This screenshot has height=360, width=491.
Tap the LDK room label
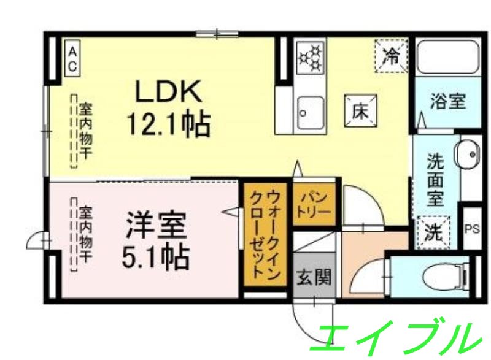pos(168,92)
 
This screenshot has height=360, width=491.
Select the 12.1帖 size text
pos(168,124)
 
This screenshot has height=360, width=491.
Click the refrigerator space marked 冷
pos(391,55)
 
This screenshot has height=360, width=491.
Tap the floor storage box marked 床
pos(359,113)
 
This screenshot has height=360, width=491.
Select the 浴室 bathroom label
pos(447,101)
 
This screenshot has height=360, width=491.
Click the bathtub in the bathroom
pos(447,59)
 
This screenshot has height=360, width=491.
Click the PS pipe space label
pos(472,229)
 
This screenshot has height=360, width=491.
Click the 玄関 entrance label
pos(314,277)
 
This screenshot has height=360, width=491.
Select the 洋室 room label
pos(156,225)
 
